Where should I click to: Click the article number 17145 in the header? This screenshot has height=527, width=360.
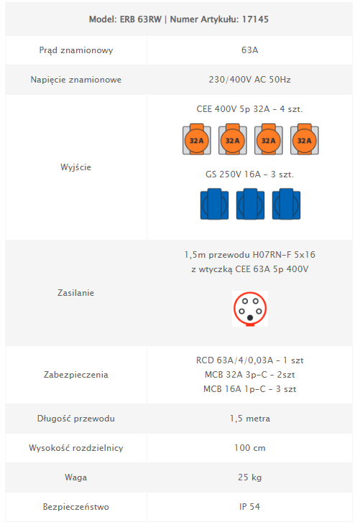tap(255, 19)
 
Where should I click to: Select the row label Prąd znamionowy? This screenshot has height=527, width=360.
tap(76, 50)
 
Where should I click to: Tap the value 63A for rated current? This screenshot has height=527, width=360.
tap(249, 50)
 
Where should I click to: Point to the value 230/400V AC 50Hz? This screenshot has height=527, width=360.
tap(249, 80)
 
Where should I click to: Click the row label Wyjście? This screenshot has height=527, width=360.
tap(75, 167)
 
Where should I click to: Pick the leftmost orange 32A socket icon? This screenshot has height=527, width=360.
tap(197, 139)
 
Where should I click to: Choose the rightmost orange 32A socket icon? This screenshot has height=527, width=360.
tap(305, 139)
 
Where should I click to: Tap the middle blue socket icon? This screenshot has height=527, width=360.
tap(250, 204)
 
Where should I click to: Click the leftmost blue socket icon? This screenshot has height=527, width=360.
tap(214, 204)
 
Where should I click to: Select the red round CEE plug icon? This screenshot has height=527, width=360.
tap(250, 309)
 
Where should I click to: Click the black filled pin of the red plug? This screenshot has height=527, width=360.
tap(250, 317)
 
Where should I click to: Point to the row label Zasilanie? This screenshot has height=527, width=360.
tap(75, 293)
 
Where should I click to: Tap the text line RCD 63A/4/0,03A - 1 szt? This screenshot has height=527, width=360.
tap(249, 360)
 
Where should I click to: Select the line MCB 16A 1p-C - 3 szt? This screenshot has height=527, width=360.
tap(249, 389)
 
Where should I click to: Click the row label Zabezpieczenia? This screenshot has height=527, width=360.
tap(76, 375)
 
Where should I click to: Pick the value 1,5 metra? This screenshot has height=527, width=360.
tap(249, 419)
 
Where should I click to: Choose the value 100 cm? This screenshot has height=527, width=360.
tap(249, 448)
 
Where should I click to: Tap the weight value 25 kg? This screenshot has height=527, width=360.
tap(249, 477)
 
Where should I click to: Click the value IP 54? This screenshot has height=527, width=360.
tap(249, 507)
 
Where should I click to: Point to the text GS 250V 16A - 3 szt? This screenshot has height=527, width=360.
tap(249, 174)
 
